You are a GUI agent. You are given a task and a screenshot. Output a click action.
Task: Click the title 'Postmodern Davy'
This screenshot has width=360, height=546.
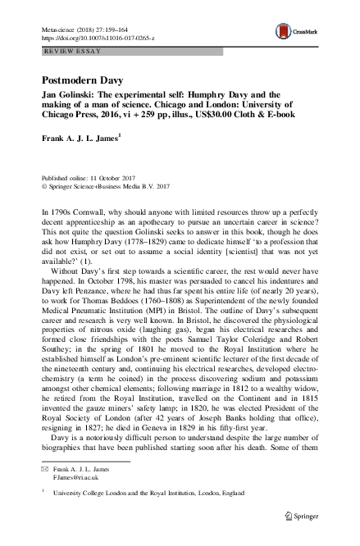click(x=76, y=82)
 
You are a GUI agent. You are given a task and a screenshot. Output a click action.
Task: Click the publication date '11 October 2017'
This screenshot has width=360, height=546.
click(x=109, y=178)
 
